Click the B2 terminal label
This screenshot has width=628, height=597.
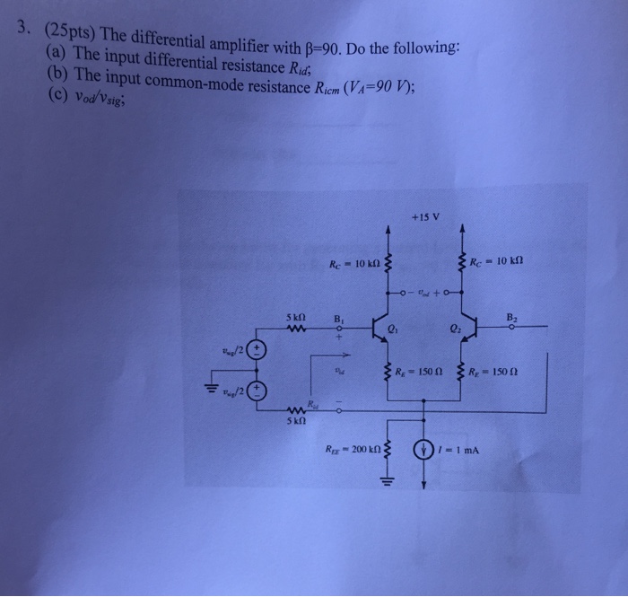[x=512, y=316]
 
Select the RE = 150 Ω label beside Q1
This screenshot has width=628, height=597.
[x=418, y=372]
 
